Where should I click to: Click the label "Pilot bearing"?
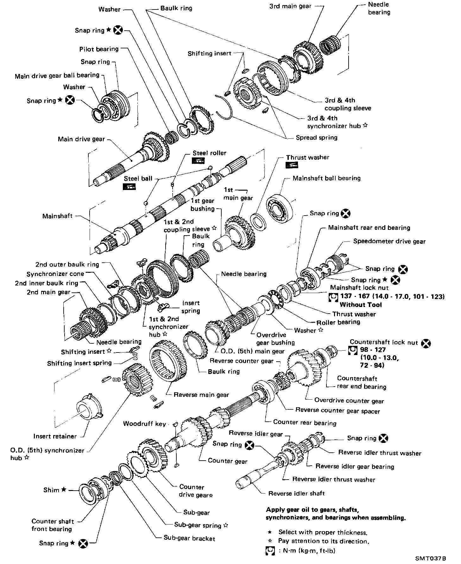coord(99,49)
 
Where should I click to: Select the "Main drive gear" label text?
coord(81,139)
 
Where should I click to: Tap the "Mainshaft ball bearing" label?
coord(326,178)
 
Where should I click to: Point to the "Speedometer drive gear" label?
coord(389,241)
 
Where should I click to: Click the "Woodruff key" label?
coord(144,424)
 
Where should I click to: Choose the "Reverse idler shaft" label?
coord(296,493)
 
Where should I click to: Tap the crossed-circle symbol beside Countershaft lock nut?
coord(426,343)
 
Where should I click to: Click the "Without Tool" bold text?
coord(361,305)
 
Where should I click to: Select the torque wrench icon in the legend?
coord(270,550)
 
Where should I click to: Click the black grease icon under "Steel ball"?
coord(129,187)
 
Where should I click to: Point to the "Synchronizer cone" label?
coord(55,274)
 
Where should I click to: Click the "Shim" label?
coord(51,490)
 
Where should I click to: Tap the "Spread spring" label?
coord(316,138)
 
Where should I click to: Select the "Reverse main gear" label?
coord(201,395)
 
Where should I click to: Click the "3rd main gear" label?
coord(290,6)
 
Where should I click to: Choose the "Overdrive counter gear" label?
coord(349,401)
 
